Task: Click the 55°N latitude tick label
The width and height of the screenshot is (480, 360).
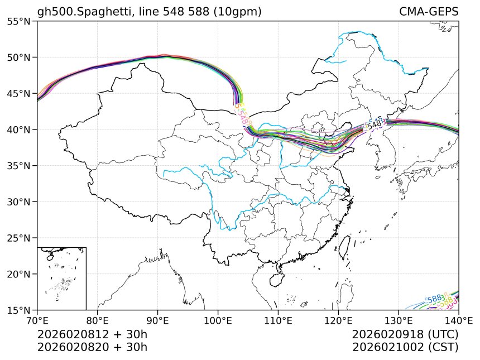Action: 18,21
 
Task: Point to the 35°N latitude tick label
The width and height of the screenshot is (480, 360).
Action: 18,166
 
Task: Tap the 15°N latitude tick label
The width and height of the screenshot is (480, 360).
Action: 18,310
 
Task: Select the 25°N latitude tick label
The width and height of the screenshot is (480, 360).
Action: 18,238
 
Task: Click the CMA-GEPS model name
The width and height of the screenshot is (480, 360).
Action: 429,12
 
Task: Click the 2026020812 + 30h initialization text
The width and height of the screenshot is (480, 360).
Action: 92,334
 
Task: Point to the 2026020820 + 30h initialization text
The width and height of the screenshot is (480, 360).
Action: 92,347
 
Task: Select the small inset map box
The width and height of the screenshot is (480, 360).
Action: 61,278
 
